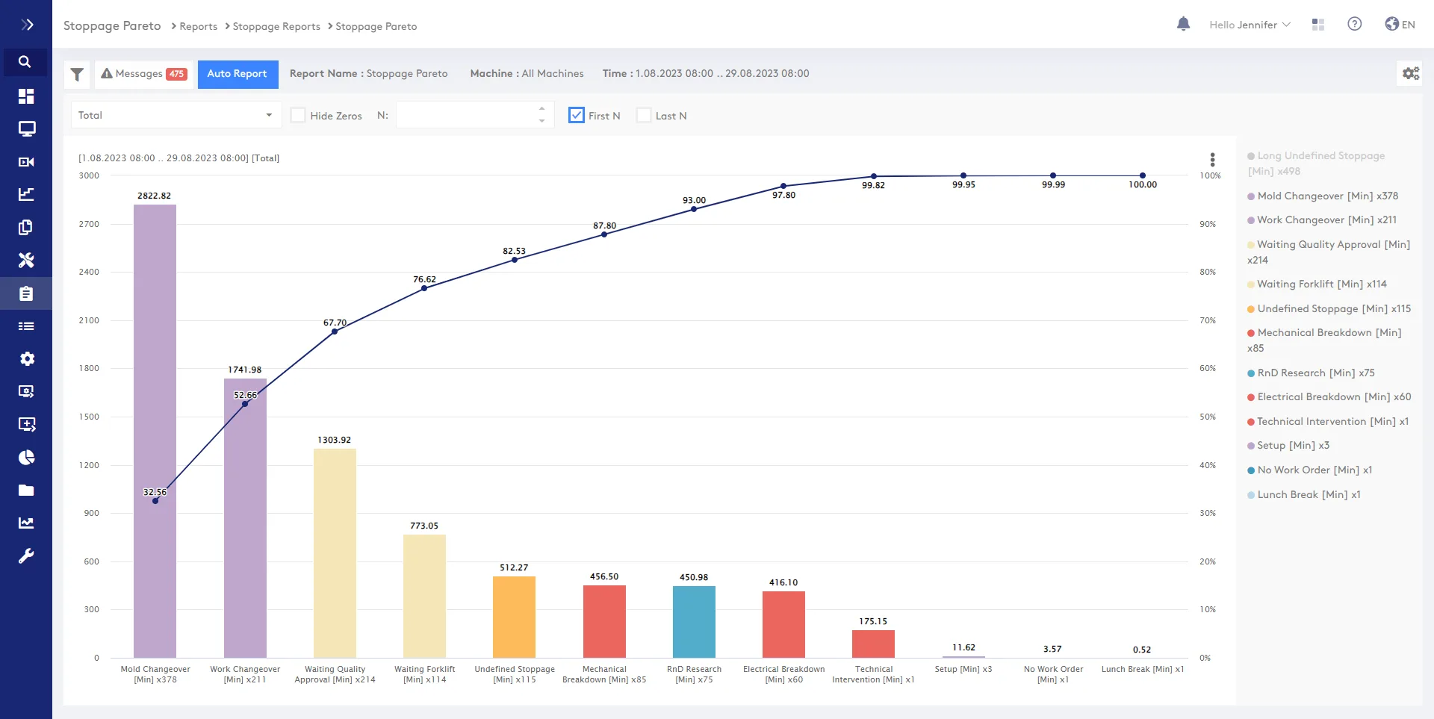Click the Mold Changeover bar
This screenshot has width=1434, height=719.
tap(155, 431)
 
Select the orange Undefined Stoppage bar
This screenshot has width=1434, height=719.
tap(514, 617)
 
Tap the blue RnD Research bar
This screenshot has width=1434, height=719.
tap(694, 622)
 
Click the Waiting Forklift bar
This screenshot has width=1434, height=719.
tap(424, 596)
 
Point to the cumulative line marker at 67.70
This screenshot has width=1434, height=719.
tap(335, 332)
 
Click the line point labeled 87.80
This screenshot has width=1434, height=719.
tap(604, 234)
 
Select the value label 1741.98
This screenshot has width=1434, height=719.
tap(245, 370)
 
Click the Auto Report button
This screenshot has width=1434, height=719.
tap(238, 74)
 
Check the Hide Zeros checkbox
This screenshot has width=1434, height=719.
tap(298, 115)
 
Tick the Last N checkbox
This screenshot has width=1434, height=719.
tap(644, 115)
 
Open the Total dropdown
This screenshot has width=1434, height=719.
tap(176, 115)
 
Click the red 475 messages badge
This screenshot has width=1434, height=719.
tap(176, 74)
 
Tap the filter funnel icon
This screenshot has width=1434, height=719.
tap(77, 74)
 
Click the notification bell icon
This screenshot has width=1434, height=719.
tap(1183, 24)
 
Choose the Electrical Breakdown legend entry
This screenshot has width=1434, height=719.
tap(1329, 397)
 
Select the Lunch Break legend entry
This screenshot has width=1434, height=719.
tap(1304, 495)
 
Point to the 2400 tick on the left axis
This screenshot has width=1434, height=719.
tap(89, 272)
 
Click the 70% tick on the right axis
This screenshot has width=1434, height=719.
tap(1208, 320)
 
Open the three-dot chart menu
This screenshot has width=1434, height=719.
tap(1212, 159)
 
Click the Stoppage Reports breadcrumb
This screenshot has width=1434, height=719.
tap(276, 26)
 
